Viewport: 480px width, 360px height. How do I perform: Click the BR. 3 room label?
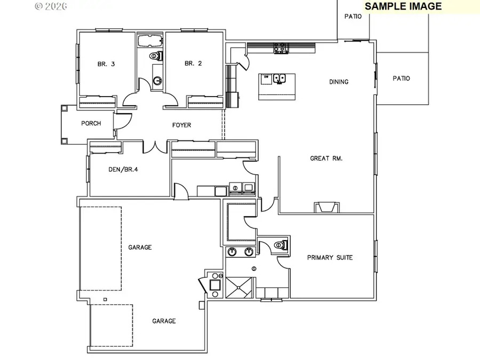106,64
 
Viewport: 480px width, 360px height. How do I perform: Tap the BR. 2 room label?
193,63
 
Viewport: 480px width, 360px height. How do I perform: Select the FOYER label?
181,125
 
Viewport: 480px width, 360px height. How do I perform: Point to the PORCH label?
91,124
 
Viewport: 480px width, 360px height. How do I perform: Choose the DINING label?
339,82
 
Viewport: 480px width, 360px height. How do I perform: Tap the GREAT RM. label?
326,158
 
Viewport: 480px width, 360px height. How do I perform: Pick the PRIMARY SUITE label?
330,258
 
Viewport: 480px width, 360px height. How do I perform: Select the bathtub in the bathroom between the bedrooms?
150,41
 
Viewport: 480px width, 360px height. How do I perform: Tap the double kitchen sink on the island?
280,79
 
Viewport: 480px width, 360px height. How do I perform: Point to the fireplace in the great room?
326,207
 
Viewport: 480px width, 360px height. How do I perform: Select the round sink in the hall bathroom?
158,81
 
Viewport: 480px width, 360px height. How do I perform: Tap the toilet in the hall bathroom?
155,55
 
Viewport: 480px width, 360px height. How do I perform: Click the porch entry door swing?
121,121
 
